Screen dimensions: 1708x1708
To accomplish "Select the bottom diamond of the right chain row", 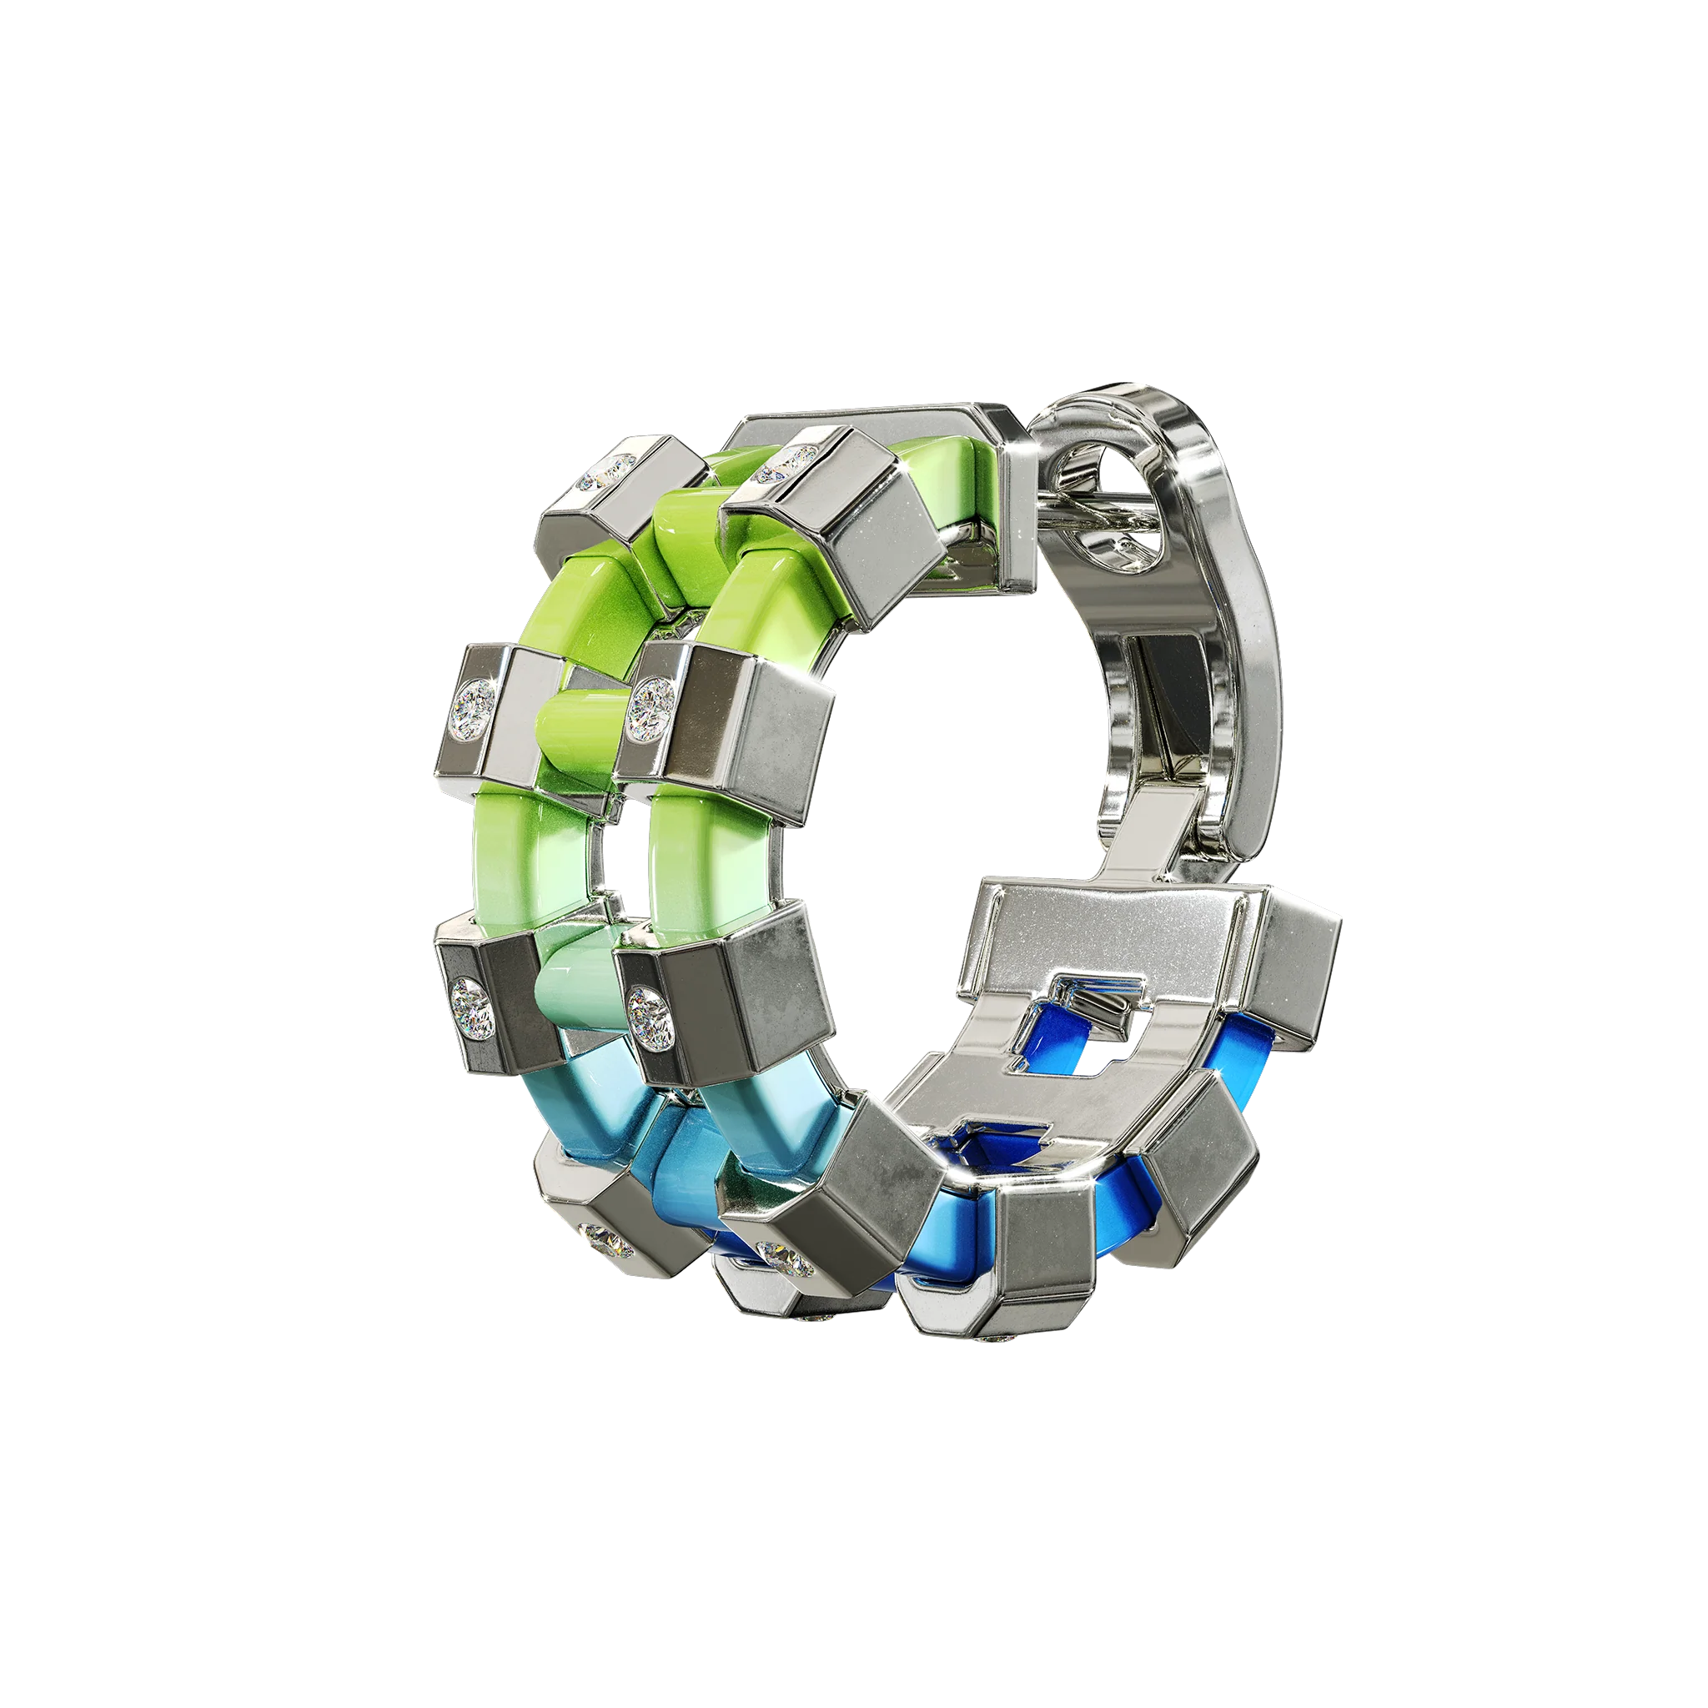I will pos(778,1253).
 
